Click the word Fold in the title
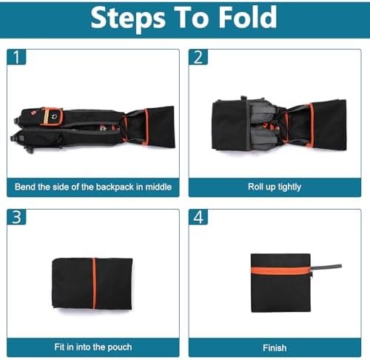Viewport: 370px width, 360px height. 248,17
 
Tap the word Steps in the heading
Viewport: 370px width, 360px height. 128,19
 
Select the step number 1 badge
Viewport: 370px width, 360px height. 16,57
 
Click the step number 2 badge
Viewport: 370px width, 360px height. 198,57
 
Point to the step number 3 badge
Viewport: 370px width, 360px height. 16,217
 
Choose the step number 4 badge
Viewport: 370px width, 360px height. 198,217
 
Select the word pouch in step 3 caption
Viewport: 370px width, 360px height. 120,347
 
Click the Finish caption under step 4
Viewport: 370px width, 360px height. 275,348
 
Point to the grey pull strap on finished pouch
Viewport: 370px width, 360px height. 326,267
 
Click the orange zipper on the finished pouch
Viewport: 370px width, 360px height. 280,270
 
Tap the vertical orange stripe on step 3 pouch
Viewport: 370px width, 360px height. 94,284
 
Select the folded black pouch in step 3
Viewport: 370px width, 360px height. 92,284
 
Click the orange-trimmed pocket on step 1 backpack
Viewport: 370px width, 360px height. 51,116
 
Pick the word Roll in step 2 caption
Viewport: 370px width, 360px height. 254,187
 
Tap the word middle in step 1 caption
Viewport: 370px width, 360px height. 158,187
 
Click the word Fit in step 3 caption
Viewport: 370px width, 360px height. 59,347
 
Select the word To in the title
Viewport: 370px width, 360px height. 192,17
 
